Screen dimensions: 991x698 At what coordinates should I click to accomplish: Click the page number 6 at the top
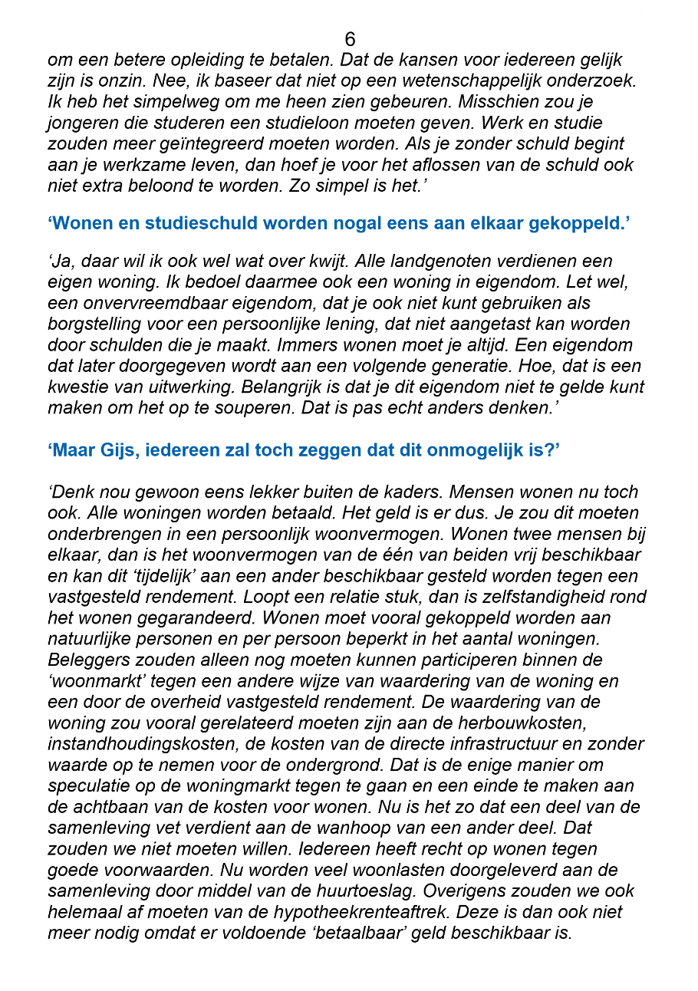350,39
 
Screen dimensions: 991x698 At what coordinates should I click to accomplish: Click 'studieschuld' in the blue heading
211,223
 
